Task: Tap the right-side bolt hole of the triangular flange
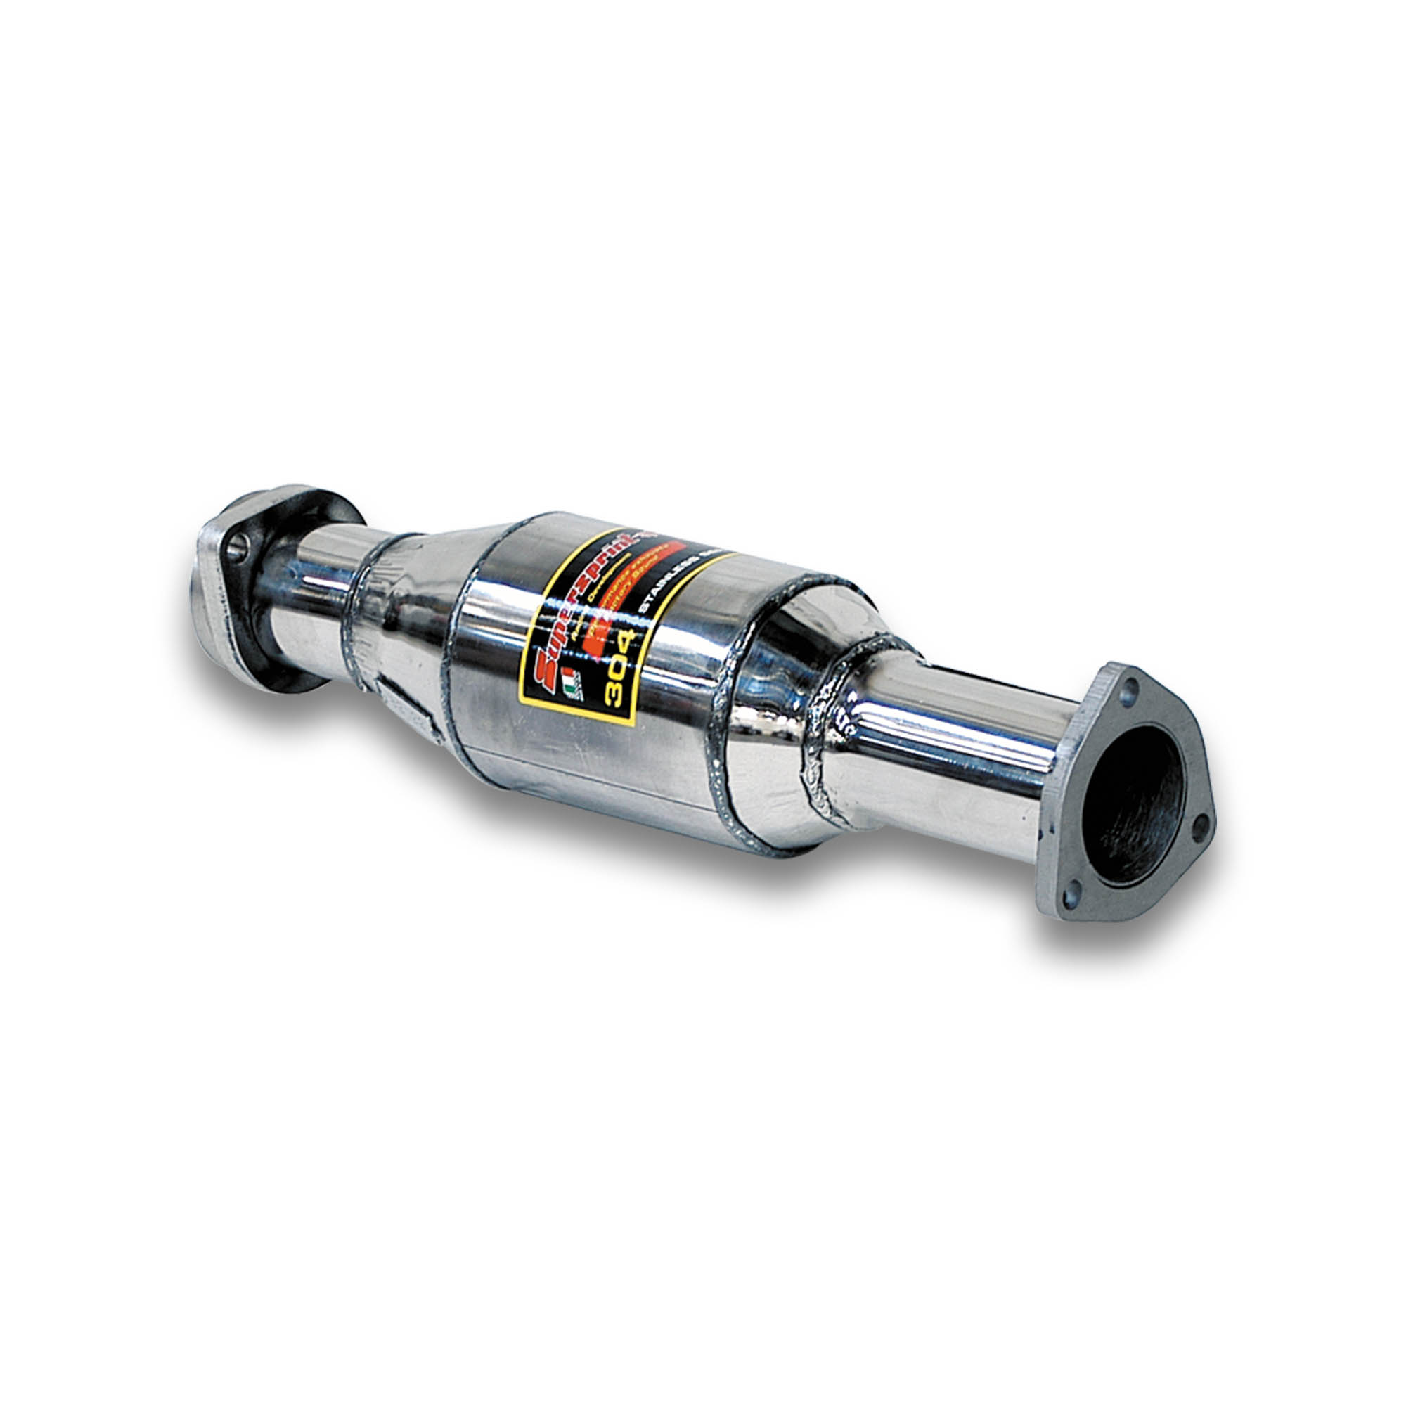click(1200, 824)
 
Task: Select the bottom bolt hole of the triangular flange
click(1070, 895)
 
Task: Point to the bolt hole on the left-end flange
click(237, 548)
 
